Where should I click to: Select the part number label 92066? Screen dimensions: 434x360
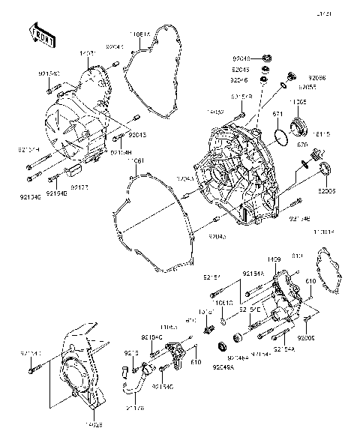(317, 78)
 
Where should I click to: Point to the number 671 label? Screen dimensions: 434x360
(277, 114)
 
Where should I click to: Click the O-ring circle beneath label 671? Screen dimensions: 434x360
(280, 137)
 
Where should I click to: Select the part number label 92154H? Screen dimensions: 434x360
(121, 151)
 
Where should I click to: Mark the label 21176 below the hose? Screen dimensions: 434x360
(136, 408)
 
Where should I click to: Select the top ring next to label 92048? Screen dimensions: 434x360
(266, 58)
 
